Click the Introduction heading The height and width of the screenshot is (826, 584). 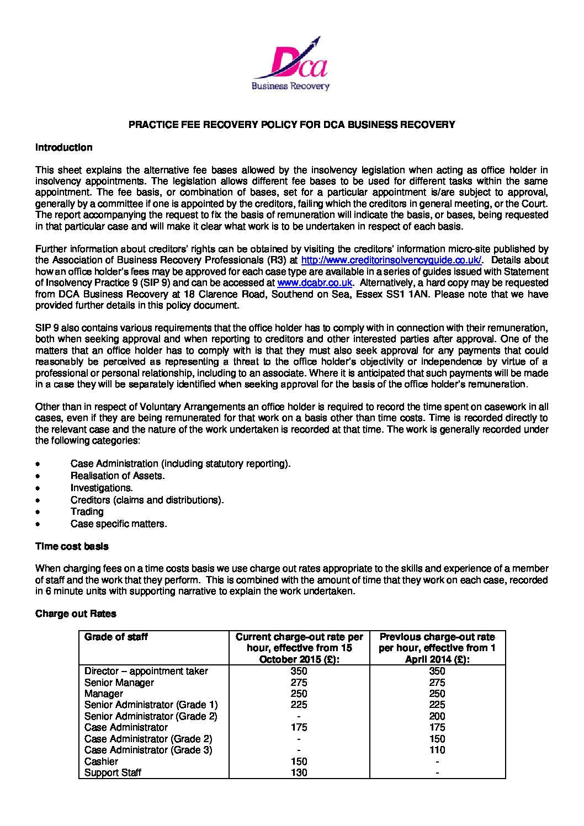click(63, 147)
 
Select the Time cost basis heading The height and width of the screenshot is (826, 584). click(72, 546)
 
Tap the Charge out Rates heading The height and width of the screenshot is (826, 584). click(76, 614)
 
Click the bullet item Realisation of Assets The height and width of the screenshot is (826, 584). click(118, 476)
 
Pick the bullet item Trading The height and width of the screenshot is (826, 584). click(87, 511)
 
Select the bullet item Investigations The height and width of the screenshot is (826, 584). click(102, 488)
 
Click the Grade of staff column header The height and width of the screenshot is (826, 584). click(116, 637)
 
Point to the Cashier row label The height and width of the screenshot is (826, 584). click(101, 761)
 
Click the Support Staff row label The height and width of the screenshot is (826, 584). click(113, 772)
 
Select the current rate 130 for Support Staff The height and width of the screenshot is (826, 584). click(299, 772)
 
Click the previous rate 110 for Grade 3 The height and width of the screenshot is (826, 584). click(437, 750)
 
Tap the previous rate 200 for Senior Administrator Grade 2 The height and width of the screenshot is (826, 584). click(437, 716)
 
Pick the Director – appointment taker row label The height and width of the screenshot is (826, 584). click(146, 671)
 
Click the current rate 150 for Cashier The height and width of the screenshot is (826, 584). click(299, 761)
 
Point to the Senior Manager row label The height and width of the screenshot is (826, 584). click(119, 683)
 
